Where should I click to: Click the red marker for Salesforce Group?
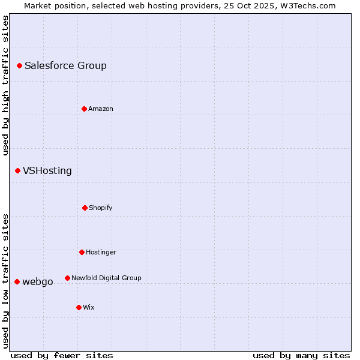[x=19, y=65]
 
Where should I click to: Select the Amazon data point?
[x=84, y=109]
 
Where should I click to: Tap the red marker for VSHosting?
[x=17, y=171]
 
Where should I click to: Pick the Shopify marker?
[x=85, y=208]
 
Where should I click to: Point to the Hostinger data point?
[x=82, y=252]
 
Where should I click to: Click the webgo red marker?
[x=17, y=281]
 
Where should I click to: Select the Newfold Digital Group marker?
[x=67, y=278]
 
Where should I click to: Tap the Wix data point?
[x=79, y=307]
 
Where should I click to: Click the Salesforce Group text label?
[x=65, y=66]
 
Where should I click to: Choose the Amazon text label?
[x=101, y=109]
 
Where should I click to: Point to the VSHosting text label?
[x=47, y=171]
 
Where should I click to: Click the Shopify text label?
[x=101, y=208]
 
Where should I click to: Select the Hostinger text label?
[x=101, y=252]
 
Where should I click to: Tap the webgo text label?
[x=38, y=281]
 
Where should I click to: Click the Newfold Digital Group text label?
[x=106, y=278]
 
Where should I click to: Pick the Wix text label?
[x=89, y=307]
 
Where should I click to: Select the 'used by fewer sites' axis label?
[x=62, y=355]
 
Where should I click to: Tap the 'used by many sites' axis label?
[x=301, y=355]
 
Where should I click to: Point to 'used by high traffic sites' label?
[x=5, y=85]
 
